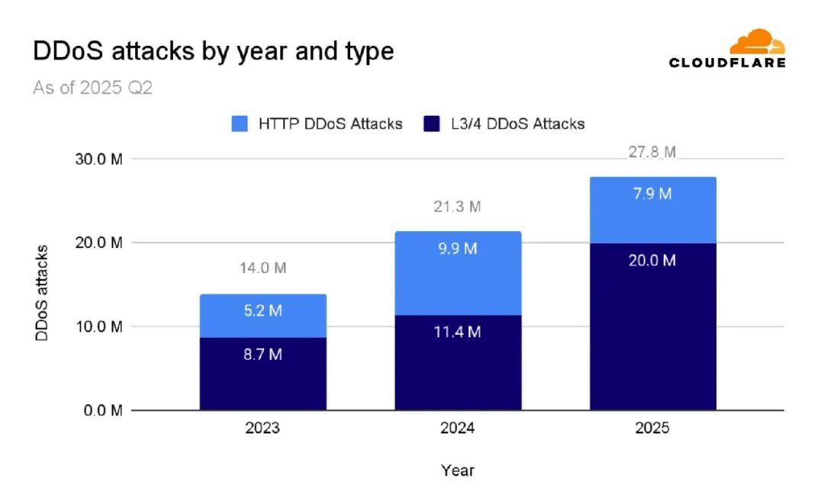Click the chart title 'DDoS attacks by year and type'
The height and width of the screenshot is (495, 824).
click(x=213, y=51)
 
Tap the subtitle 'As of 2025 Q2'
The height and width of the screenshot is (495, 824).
click(x=92, y=88)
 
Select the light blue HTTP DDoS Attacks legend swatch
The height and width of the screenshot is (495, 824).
click(x=240, y=124)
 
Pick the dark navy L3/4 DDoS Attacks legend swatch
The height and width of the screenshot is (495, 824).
click(x=431, y=124)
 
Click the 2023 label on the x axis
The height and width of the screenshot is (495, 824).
click(x=262, y=428)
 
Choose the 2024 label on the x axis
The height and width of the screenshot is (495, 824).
click(x=457, y=428)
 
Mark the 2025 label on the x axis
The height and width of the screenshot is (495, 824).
click(x=652, y=428)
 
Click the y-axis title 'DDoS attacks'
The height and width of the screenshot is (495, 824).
click(x=43, y=293)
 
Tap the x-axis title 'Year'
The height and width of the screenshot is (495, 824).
click(x=457, y=471)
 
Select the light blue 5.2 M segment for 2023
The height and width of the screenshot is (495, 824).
click(x=263, y=316)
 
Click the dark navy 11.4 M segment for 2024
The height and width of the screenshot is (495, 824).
click(x=458, y=362)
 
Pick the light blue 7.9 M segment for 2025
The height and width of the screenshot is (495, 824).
click(x=653, y=210)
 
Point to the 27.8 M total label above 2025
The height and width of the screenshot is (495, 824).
click(x=652, y=152)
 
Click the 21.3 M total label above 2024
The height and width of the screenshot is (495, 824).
click(x=458, y=207)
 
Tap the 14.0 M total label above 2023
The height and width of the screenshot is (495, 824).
click(x=263, y=268)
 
